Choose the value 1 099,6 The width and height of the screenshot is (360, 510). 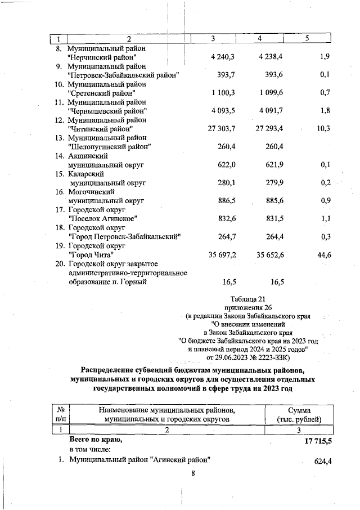[271, 93]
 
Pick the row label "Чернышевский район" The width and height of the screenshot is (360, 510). [107, 111]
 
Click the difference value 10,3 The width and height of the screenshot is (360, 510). [323, 129]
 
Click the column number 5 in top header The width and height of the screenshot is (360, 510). [307, 38]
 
